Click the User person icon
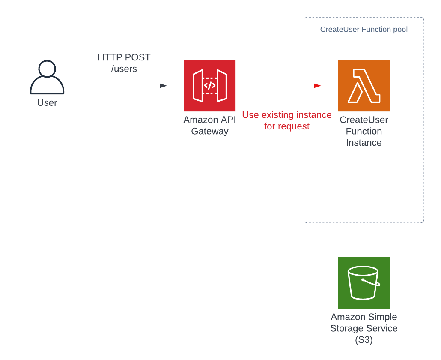[47, 78]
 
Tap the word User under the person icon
[47, 103]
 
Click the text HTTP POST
[124, 57]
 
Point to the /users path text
[124, 69]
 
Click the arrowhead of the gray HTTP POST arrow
[164, 86]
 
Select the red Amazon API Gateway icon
[210, 86]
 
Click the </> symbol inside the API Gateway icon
[209, 86]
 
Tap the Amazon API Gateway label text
[210, 126]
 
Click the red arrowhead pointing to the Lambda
[318, 86]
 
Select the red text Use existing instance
[286, 115]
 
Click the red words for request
[286, 126]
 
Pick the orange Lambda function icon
[364, 86]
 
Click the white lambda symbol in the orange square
[364, 86]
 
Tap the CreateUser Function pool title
[364, 30]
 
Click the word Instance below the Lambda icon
[364, 143]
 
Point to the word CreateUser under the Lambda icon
[364, 120]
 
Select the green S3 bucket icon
[364, 283]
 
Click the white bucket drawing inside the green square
[364, 283]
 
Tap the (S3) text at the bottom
[364, 340]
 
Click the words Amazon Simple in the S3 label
[364, 317]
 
